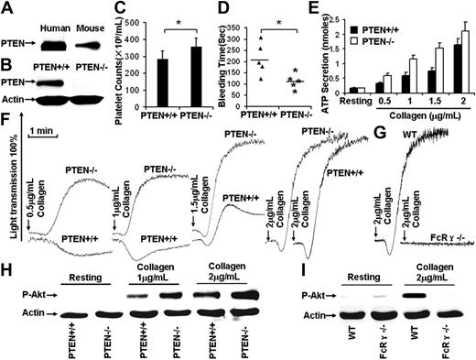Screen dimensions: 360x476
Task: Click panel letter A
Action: pos(7,7)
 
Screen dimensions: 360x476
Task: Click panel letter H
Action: pos(7,274)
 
